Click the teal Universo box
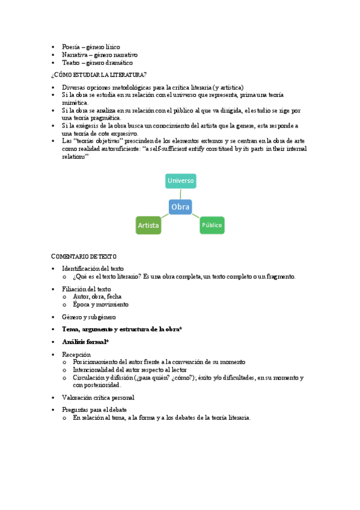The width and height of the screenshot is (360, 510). pos(181,180)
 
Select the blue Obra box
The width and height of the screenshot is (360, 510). pos(180,207)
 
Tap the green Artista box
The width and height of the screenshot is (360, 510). pos(148,226)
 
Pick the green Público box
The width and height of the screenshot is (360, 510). pos(212,226)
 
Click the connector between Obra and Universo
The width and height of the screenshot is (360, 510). pos(181,194)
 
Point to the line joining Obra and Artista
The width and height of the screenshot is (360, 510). pos(164,216)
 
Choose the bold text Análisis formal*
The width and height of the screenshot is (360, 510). pos(85,342)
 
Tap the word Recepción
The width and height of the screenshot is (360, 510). pos(76,355)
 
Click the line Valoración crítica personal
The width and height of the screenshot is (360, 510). pos(98,398)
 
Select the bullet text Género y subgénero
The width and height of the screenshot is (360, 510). pos(89,316)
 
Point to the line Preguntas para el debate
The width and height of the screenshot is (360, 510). pos(94,410)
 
